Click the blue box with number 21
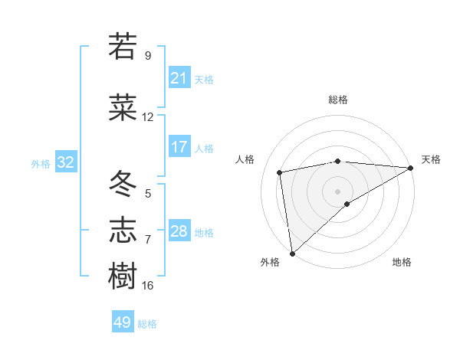point(179,78)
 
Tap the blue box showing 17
point(179,147)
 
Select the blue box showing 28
point(179,231)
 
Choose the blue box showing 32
point(65,162)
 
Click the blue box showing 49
point(122,322)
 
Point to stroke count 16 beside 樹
point(148,286)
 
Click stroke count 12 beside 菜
point(148,117)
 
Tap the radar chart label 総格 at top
point(338,100)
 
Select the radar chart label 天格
point(431,159)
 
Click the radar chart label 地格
point(402,262)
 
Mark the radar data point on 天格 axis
point(411,168)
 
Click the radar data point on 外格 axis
point(292,253)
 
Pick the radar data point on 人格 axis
point(280,172)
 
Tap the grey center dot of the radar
point(337,191)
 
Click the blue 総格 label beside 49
point(147,324)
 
